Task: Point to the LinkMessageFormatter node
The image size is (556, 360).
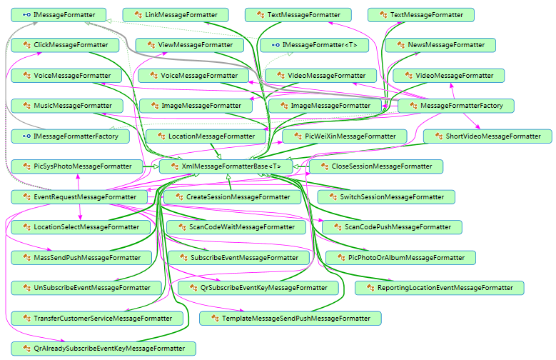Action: pyautogui.click(x=175, y=14)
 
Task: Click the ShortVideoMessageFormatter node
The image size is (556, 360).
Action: pyautogui.click(x=487, y=136)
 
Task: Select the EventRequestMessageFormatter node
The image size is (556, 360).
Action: pyautogui.click(x=79, y=196)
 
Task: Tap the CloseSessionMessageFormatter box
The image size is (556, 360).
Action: pyautogui.click(x=375, y=166)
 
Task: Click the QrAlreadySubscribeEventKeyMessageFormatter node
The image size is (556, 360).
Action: pyautogui.click(x=103, y=349)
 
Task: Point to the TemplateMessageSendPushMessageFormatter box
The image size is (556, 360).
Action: pyautogui.click(x=290, y=318)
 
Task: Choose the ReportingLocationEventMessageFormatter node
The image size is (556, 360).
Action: pyautogui.click(x=439, y=288)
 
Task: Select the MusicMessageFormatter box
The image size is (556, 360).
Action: pyautogui.click(x=72, y=105)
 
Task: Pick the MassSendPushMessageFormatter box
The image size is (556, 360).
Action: pyautogui.click(x=81, y=257)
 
